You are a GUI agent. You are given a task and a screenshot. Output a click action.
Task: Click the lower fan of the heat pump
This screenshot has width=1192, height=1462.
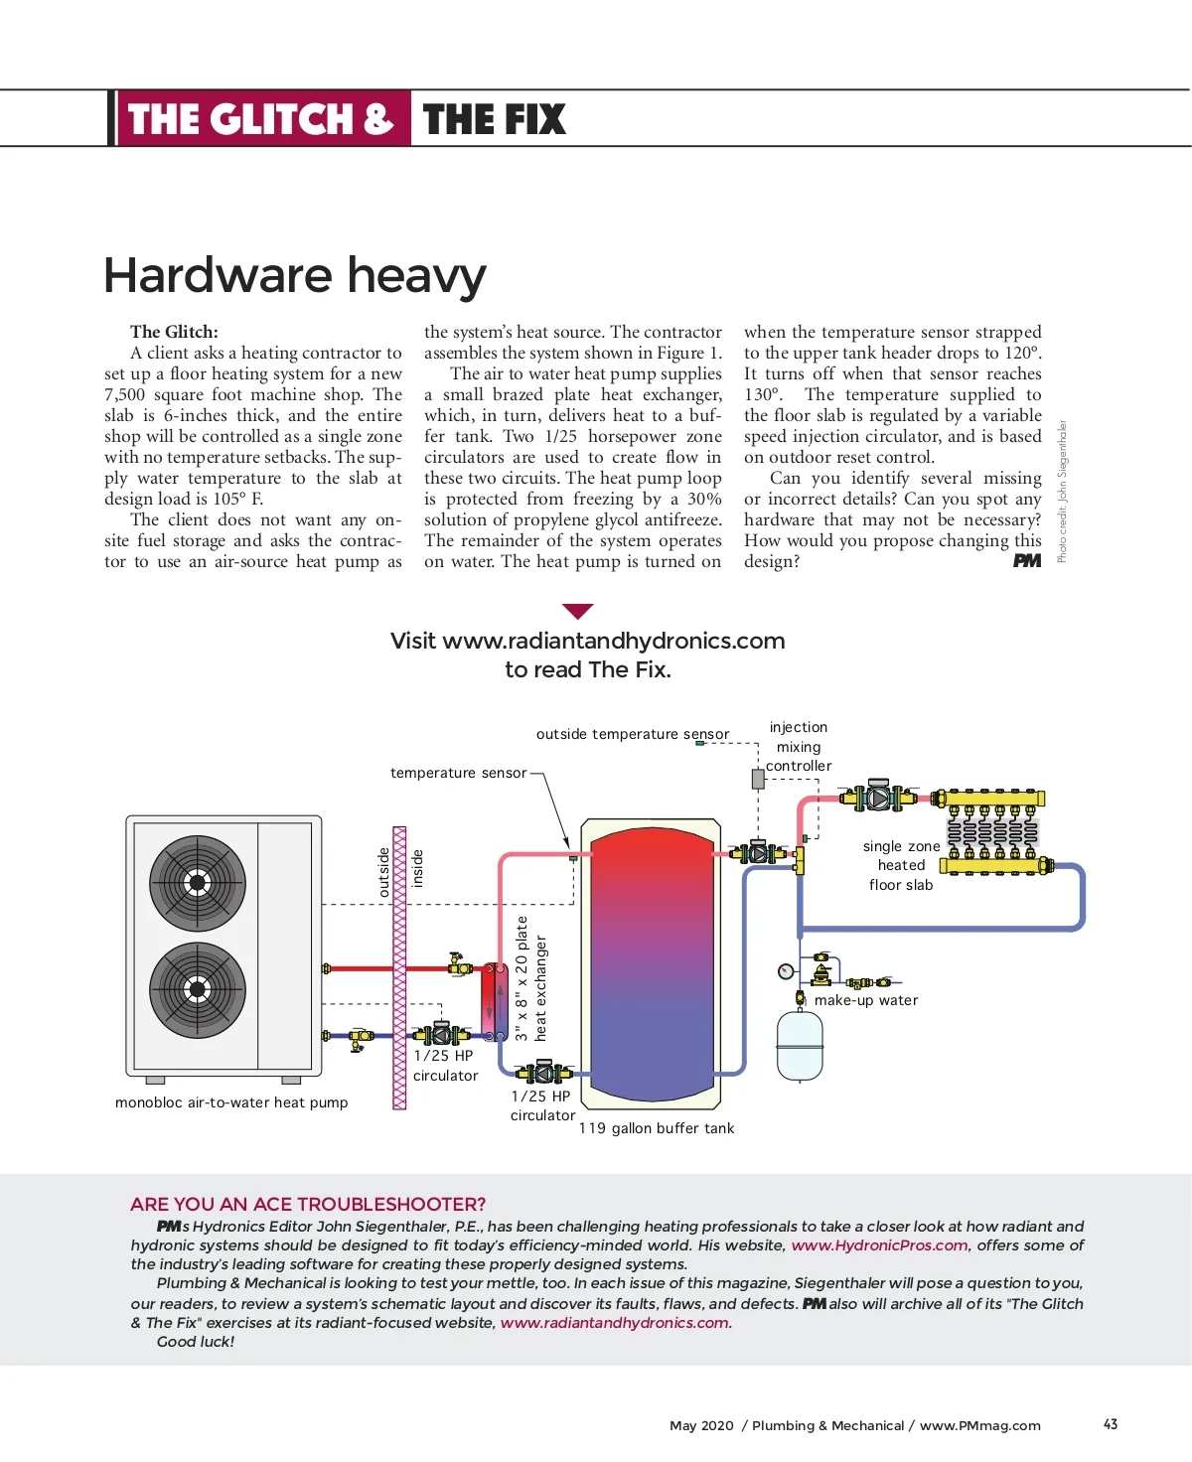197,988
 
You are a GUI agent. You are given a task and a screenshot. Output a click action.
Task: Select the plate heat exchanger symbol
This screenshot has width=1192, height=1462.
495,1001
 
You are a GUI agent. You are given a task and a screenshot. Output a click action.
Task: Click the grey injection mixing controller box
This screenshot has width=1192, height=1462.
758,780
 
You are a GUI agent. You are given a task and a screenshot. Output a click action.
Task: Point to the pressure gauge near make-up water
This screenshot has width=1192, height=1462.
786,970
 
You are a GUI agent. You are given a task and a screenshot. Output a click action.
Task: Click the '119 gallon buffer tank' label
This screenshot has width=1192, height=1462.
657,1128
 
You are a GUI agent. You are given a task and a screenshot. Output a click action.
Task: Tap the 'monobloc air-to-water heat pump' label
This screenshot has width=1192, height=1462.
231,1102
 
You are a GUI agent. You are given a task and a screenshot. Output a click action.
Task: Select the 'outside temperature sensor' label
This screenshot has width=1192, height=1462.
632,734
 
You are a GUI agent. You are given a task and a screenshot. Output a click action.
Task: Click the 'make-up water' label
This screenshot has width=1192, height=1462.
866,1000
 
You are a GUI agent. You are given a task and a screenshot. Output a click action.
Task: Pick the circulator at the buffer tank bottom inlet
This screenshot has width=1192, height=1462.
543,1071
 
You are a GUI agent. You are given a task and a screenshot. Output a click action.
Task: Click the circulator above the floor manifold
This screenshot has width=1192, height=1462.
879,797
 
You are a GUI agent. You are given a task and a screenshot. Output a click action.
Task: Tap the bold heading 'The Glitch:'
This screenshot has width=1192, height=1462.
174,332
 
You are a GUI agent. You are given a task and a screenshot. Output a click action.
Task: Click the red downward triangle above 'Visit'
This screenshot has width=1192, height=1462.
577,611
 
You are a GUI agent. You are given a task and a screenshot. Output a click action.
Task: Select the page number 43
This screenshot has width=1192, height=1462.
1111,1424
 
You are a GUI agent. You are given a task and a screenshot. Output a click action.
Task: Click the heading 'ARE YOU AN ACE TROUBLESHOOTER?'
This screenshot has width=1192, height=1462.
308,1204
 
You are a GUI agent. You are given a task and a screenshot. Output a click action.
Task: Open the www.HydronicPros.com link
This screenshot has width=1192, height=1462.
879,1245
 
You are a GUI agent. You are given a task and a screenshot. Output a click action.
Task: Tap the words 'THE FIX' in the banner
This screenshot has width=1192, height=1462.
494,119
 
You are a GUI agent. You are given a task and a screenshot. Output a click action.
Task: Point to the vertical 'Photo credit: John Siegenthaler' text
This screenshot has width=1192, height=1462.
1061,492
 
